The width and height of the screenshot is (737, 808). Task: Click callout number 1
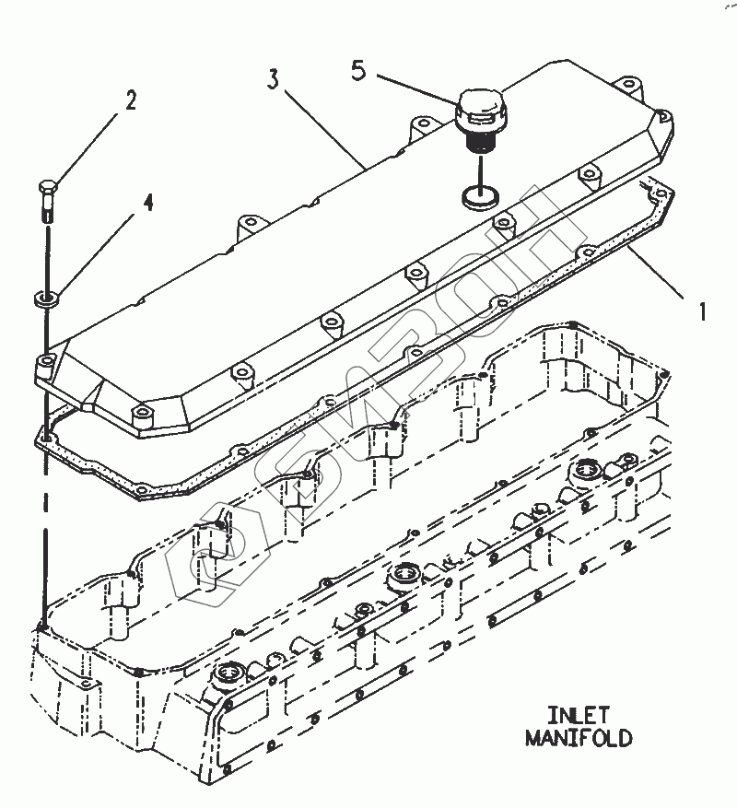[702, 312]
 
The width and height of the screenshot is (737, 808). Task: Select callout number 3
[273, 79]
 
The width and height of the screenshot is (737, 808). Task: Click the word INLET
[579, 715]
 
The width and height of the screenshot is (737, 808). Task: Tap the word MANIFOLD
[579, 737]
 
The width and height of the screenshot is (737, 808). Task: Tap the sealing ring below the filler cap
[478, 194]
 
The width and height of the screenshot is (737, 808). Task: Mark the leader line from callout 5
[415, 89]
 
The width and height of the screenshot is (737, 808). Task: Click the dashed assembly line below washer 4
[43, 516]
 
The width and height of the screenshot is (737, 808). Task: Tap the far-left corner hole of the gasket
[44, 432]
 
